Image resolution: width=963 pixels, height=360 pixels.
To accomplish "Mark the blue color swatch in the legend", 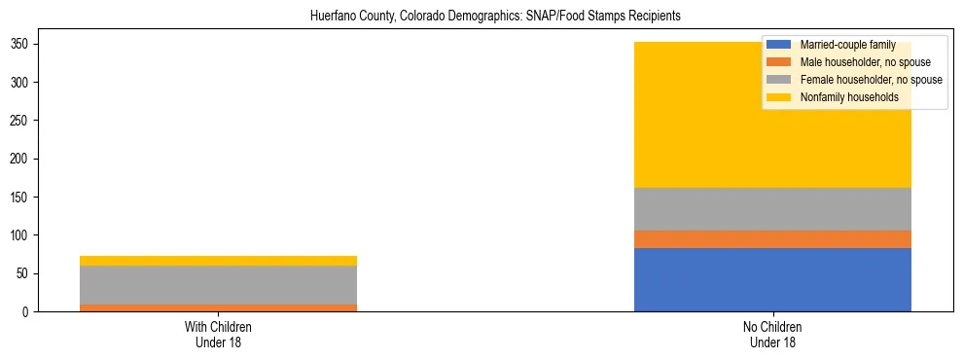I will [779, 45].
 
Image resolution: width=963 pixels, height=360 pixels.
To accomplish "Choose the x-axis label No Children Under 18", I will [772, 334].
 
